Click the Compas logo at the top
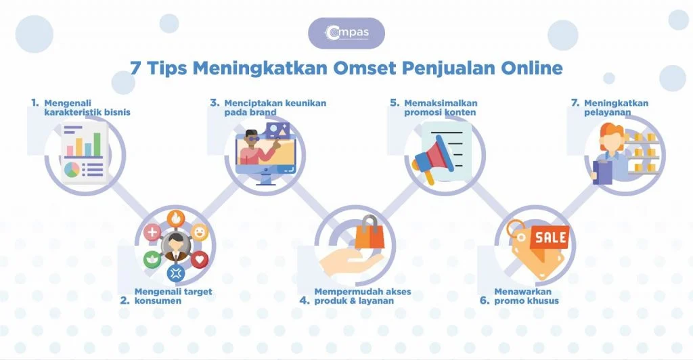[346, 32]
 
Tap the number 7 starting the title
[135, 68]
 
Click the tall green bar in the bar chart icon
[97, 143]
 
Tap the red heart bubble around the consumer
[200, 258]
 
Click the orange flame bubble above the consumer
[176, 219]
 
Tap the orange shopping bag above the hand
[370, 233]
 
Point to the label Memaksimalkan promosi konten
[441, 108]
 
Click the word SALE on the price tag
[551, 238]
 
